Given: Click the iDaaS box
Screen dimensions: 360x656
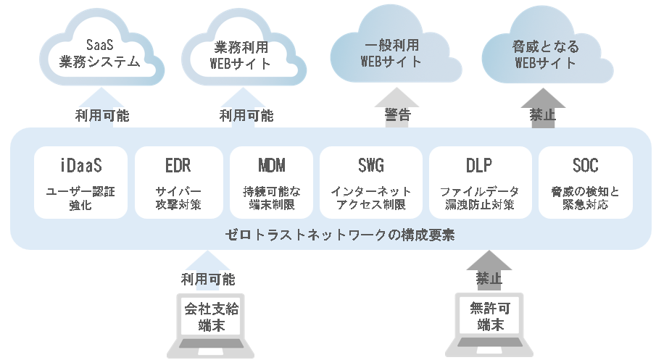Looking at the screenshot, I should coord(80,182).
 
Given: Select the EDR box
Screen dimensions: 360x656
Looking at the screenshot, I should coord(178,182).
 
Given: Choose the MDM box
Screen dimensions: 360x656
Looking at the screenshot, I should coord(272,182).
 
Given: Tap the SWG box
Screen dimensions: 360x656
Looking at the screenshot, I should coord(371,182).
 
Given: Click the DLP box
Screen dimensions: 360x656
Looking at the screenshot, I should coord(480,182).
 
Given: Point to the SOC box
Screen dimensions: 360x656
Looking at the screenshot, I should coord(586,182).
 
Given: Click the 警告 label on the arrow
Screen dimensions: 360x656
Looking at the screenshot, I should coord(397,114).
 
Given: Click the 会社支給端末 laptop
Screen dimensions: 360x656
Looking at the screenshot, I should coord(211,319).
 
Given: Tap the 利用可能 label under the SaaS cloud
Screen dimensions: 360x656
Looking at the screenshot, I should coord(102,114).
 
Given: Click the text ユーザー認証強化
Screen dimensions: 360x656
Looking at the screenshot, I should coord(80,198).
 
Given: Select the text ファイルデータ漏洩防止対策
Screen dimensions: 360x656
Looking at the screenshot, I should coord(480,198).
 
